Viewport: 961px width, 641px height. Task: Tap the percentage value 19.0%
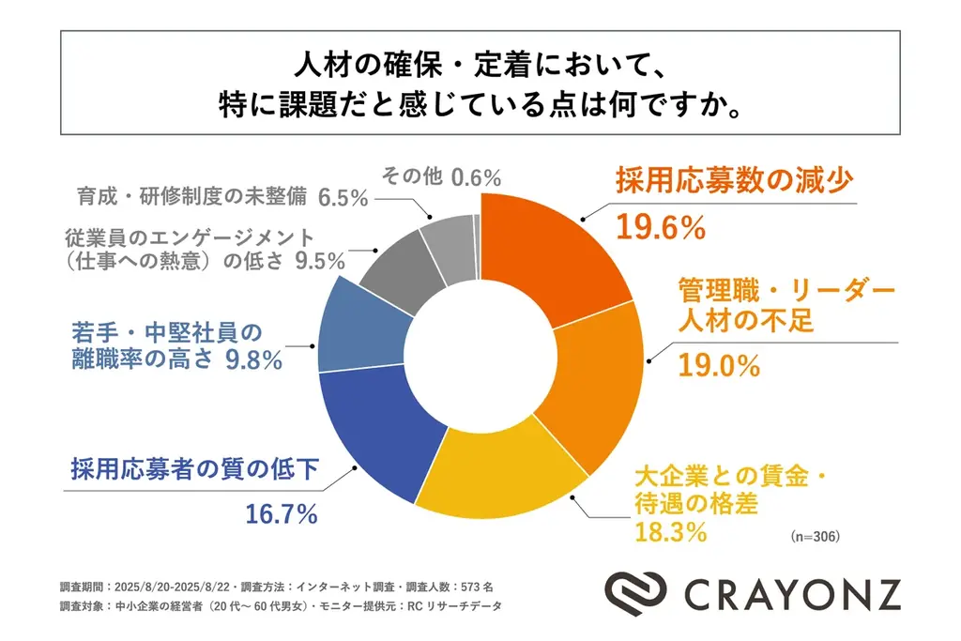(718, 366)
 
